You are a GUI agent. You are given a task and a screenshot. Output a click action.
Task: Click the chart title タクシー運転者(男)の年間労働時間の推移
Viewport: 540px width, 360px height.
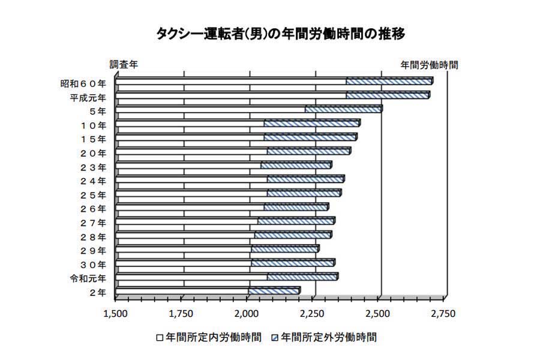tap(269, 34)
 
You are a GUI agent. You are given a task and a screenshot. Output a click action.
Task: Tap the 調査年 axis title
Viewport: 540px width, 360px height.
tap(123, 64)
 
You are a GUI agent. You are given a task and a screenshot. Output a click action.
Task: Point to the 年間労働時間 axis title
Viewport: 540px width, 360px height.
tap(429, 64)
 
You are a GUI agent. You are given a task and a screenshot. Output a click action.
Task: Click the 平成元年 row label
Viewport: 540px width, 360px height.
tap(88, 97)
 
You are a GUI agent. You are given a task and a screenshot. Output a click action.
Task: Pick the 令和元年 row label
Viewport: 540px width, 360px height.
tap(88, 278)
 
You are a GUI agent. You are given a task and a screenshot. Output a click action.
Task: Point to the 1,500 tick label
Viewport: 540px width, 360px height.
tap(115, 313)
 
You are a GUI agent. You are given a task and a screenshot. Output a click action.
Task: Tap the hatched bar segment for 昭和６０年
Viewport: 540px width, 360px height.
tap(388, 81)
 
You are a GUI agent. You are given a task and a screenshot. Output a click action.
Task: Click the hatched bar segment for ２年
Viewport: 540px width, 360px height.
tap(273, 291)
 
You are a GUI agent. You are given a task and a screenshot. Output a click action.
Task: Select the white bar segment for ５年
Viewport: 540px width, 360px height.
tap(210, 109)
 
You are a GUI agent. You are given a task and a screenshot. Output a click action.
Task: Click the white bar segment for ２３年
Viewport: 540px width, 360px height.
tap(188, 165)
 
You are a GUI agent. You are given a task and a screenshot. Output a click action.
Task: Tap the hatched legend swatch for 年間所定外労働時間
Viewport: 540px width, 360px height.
tap(275, 338)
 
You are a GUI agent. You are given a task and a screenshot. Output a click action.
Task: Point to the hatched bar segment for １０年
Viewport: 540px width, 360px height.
tap(311, 123)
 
